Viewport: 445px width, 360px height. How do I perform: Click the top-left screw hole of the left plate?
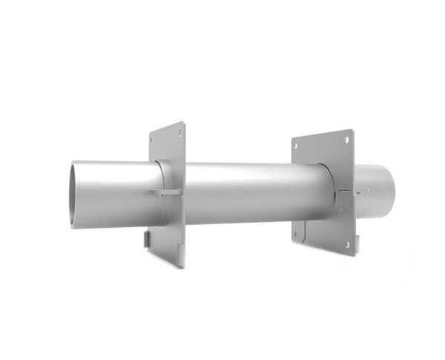[154, 139]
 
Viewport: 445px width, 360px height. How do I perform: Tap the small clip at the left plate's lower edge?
[146, 239]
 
